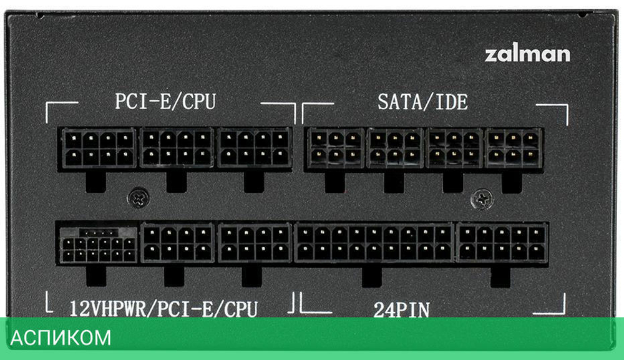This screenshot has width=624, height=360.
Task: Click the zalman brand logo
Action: tap(527, 54)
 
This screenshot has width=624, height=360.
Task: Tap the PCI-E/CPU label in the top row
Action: tap(165, 102)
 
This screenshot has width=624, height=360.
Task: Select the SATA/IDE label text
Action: tap(422, 102)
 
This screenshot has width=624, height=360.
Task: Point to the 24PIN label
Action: tap(402, 309)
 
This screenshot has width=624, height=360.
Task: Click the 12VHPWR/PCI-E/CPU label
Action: tap(163, 308)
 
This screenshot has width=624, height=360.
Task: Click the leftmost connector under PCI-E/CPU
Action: tap(99, 148)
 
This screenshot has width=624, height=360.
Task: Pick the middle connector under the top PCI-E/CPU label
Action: tap(177, 148)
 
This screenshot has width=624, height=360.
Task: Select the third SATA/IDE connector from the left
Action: tap(453, 148)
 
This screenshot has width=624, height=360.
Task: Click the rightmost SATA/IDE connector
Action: tap(514, 148)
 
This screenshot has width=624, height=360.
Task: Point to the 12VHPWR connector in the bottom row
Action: tap(99, 245)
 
